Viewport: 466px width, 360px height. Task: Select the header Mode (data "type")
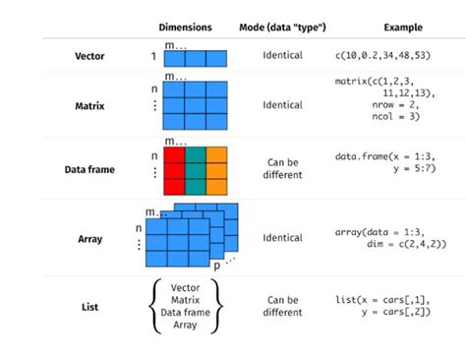click(282, 27)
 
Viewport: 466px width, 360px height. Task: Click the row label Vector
click(89, 57)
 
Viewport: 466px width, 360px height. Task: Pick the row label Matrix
click(89, 104)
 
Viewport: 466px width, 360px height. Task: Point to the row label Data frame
click(89, 169)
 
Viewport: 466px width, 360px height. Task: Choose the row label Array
click(89, 237)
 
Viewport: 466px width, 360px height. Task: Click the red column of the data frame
click(174, 169)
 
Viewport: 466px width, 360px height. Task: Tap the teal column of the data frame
click(196, 169)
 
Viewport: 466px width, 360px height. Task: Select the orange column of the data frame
click(217, 169)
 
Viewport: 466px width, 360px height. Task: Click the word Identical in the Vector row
click(282, 57)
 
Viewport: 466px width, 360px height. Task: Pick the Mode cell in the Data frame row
click(282, 169)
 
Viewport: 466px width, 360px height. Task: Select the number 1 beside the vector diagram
click(153, 57)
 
